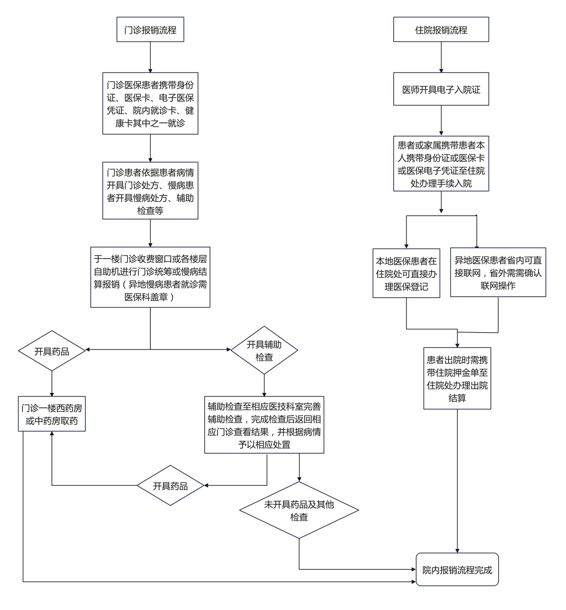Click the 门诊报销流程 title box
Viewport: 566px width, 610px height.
point(150,30)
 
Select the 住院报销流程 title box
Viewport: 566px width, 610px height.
point(441,30)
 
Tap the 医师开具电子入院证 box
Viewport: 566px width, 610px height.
point(441,89)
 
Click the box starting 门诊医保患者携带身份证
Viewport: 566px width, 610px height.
point(150,104)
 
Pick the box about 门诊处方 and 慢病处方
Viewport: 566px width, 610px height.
point(150,191)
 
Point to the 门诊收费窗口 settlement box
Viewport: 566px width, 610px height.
point(150,277)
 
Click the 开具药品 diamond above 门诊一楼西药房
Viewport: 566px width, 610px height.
point(51,351)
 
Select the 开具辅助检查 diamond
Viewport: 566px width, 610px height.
point(264,350)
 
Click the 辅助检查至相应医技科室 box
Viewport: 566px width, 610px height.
point(264,425)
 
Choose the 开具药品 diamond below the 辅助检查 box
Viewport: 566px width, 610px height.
point(170,486)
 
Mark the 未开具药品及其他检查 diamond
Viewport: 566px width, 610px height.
point(299,510)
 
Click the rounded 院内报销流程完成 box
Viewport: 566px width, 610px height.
point(457,569)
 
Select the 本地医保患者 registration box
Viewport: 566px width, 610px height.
point(406,273)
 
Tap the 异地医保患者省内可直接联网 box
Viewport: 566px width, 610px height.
point(498,272)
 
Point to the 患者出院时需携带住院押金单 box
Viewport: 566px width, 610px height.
point(457,379)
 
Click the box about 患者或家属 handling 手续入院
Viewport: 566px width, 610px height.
point(441,164)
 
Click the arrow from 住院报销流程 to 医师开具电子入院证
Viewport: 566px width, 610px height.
point(441,57)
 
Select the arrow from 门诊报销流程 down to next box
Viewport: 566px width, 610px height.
point(150,57)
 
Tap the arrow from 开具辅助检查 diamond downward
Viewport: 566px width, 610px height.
point(264,385)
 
